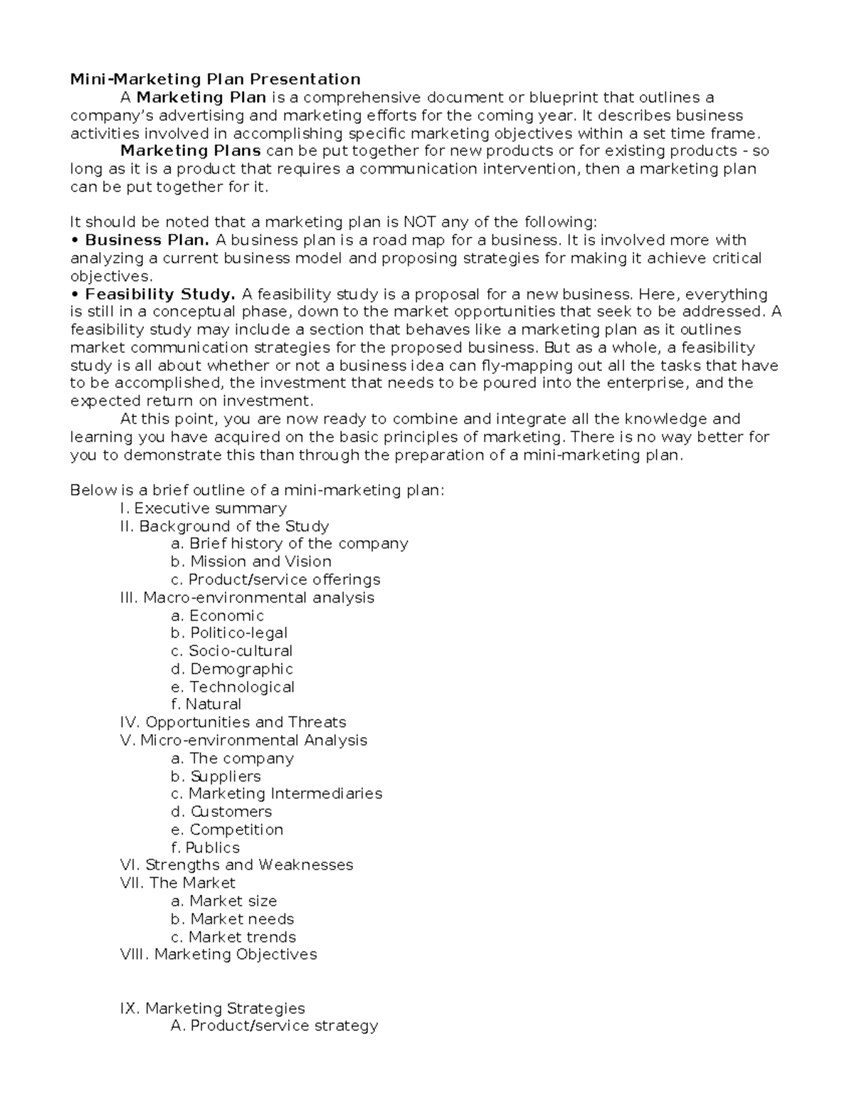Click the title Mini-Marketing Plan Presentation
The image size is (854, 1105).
(215, 79)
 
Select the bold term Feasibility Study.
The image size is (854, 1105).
(159, 295)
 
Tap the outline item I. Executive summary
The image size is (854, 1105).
(204, 508)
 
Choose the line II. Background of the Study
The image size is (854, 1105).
(225, 527)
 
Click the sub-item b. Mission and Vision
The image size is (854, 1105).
(251, 561)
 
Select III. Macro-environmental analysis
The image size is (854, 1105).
(248, 598)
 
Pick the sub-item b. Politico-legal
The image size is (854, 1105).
(229, 633)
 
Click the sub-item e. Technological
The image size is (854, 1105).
(232, 687)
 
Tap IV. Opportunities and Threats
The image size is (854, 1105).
(233, 723)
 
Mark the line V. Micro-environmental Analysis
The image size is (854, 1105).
(244, 741)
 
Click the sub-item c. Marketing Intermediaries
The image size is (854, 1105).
(276, 794)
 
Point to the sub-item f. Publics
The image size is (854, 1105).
(205, 848)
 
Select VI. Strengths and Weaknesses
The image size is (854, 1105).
(237, 865)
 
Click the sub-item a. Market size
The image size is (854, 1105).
(223, 902)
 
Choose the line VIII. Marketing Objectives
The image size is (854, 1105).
(219, 955)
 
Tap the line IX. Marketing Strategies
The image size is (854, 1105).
(213, 1009)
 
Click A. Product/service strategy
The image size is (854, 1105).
(274, 1026)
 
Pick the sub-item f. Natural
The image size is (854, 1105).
(206, 704)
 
